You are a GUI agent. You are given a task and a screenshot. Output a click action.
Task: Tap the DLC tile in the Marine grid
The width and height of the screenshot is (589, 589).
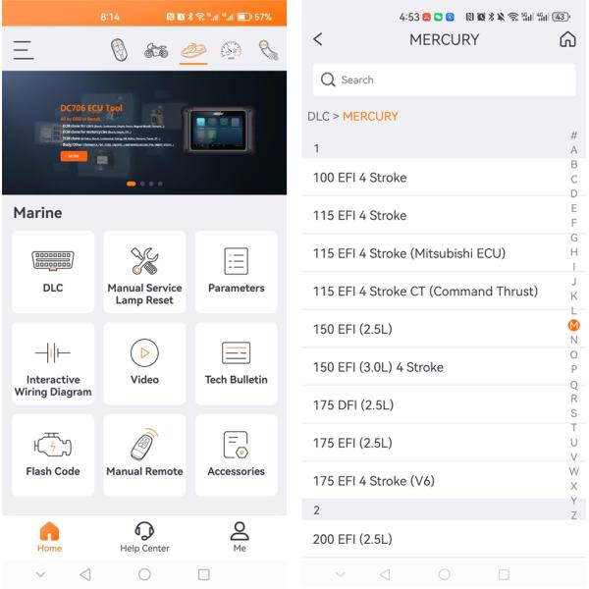pyautogui.click(x=53, y=270)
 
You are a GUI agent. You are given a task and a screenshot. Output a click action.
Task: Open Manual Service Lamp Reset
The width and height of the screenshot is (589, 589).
pyautogui.click(x=144, y=270)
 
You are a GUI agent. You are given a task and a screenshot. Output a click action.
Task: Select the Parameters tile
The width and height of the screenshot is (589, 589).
pyautogui.click(x=236, y=270)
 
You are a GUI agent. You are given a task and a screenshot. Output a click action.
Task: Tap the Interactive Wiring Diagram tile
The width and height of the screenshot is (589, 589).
pyautogui.click(x=53, y=362)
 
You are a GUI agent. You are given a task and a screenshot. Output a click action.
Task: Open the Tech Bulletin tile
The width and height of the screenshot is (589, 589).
pyautogui.click(x=236, y=362)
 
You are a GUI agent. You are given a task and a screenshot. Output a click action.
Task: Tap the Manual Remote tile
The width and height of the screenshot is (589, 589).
pyautogui.click(x=144, y=454)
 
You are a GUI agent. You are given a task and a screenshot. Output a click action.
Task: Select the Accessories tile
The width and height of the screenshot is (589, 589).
pyautogui.click(x=236, y=454)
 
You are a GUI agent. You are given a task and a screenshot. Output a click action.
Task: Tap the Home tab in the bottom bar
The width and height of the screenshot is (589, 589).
pyautogui.click(x=49, y=537)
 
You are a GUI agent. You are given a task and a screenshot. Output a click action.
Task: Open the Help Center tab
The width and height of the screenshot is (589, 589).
pyautogui.click(x=144, y=537)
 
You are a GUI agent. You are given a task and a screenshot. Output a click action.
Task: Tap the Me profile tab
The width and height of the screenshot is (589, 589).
pyautogui.click(x=239, y=537)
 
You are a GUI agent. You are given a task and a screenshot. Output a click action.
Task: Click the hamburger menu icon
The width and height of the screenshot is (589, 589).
pyautogui.click(x=24, y=50)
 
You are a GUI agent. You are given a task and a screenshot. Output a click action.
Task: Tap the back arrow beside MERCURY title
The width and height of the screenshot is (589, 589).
pyautogui.click(x=317, y=39)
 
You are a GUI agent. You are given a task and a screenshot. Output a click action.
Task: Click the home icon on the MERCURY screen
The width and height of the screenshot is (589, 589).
pyautogui.click(x=567, y=39)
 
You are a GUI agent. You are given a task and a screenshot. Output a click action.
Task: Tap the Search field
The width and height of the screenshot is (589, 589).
pyautogui.click(x=444, y=80)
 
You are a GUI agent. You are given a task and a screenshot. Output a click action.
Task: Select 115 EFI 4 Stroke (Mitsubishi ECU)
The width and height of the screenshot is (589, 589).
pyautogui.click(x=409, y=253)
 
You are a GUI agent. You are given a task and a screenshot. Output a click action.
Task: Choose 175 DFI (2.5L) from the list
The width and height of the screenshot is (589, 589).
pyautogui.click(x=353, y=404)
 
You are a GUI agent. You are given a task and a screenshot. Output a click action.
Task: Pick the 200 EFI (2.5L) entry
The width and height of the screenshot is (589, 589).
pyautogui.click(x=352, y=539)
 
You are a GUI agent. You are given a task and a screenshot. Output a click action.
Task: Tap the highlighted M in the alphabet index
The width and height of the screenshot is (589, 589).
pyautogui.click(x=574, y=325)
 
